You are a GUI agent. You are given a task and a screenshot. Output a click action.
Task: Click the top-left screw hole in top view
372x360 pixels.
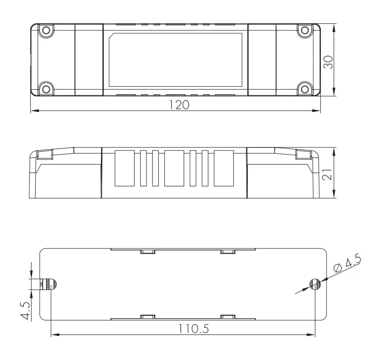tap(45, 31)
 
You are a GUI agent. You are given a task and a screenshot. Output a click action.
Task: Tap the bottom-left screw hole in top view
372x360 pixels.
tap(45, 89)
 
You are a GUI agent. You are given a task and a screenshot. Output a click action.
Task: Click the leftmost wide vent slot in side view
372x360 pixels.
tap(126, 168)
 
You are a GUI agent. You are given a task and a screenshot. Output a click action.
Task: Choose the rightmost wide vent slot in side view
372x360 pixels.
tap(224, 168)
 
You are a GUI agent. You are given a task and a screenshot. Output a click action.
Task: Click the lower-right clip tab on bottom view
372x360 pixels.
tap(227, 317)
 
